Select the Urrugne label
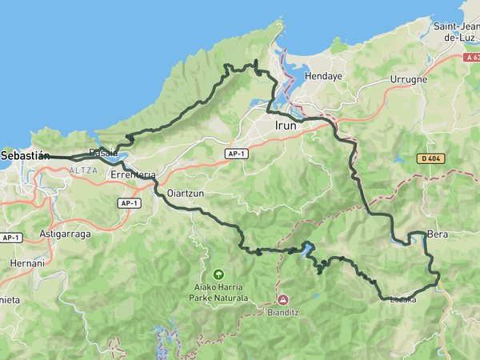408,80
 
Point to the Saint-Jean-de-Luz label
455,31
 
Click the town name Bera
438,235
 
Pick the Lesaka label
402,300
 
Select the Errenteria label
134,174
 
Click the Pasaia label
104,152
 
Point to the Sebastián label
25,155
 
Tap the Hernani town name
22,262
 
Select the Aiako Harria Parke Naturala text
218,292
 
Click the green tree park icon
218,274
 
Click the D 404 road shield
430,159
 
